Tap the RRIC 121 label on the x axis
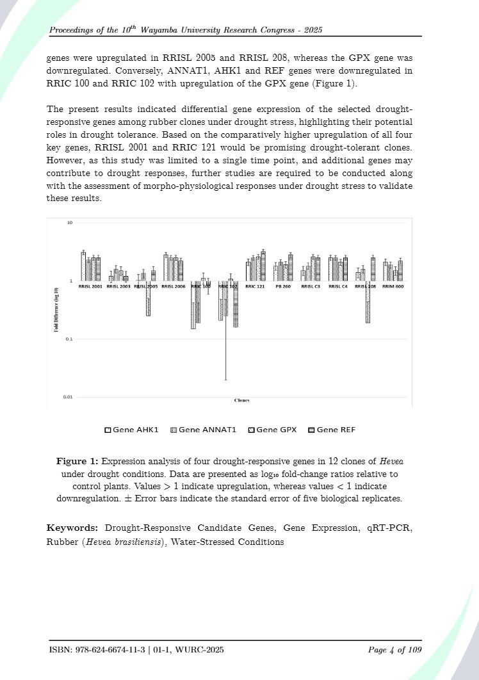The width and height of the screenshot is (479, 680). (x=255, y=287)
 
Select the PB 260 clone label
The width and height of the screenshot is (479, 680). (x=283, y=287)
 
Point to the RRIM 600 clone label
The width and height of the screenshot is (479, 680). (x=393, y=287)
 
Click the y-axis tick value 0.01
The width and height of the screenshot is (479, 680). (x=67, y=397)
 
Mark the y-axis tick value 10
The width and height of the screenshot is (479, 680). (x=69, y=222)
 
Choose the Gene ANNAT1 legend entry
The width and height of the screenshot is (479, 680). (x=203, y=430)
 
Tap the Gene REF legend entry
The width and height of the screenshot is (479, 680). (x=332, y=430)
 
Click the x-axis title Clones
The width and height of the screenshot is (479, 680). (x=242, y=400)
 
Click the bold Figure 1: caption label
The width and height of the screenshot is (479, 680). (x=77, y=461)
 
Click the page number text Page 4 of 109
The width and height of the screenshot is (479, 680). (x=395, y=651)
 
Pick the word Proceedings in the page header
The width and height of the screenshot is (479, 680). (x=74, y=31)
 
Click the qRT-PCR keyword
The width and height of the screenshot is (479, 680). (x=387, y=528)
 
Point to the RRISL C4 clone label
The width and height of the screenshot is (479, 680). (x=337, y=287)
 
